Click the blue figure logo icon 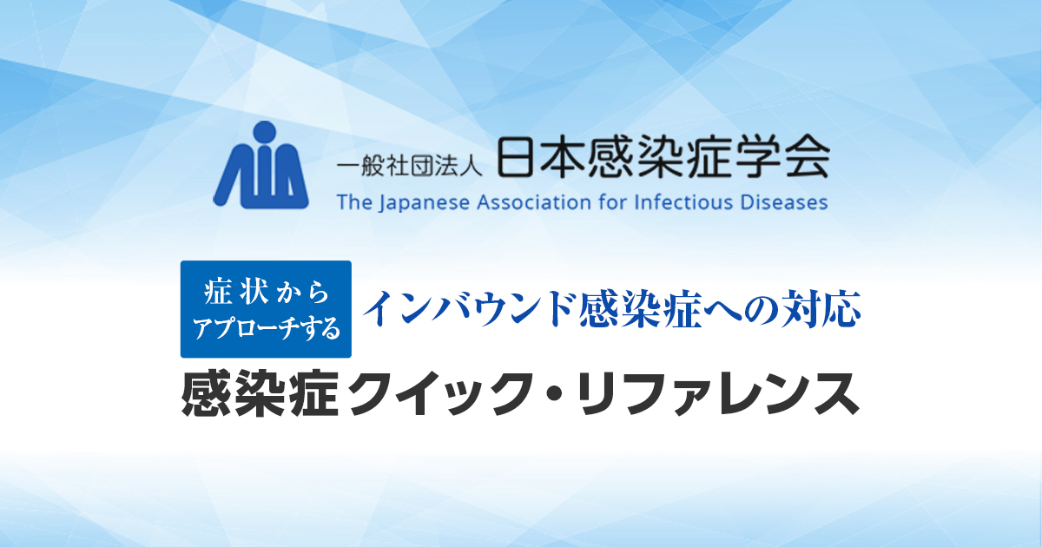click(x=261, y=165)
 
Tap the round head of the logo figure click(x=266, y=133)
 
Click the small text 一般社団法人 click(x=409, y=167)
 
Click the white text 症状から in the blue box click(x=266, y=293)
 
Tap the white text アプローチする click(x=266, y=328)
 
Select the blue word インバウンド click(x=469, y=309)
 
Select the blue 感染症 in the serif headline click(x=641, y=309)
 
